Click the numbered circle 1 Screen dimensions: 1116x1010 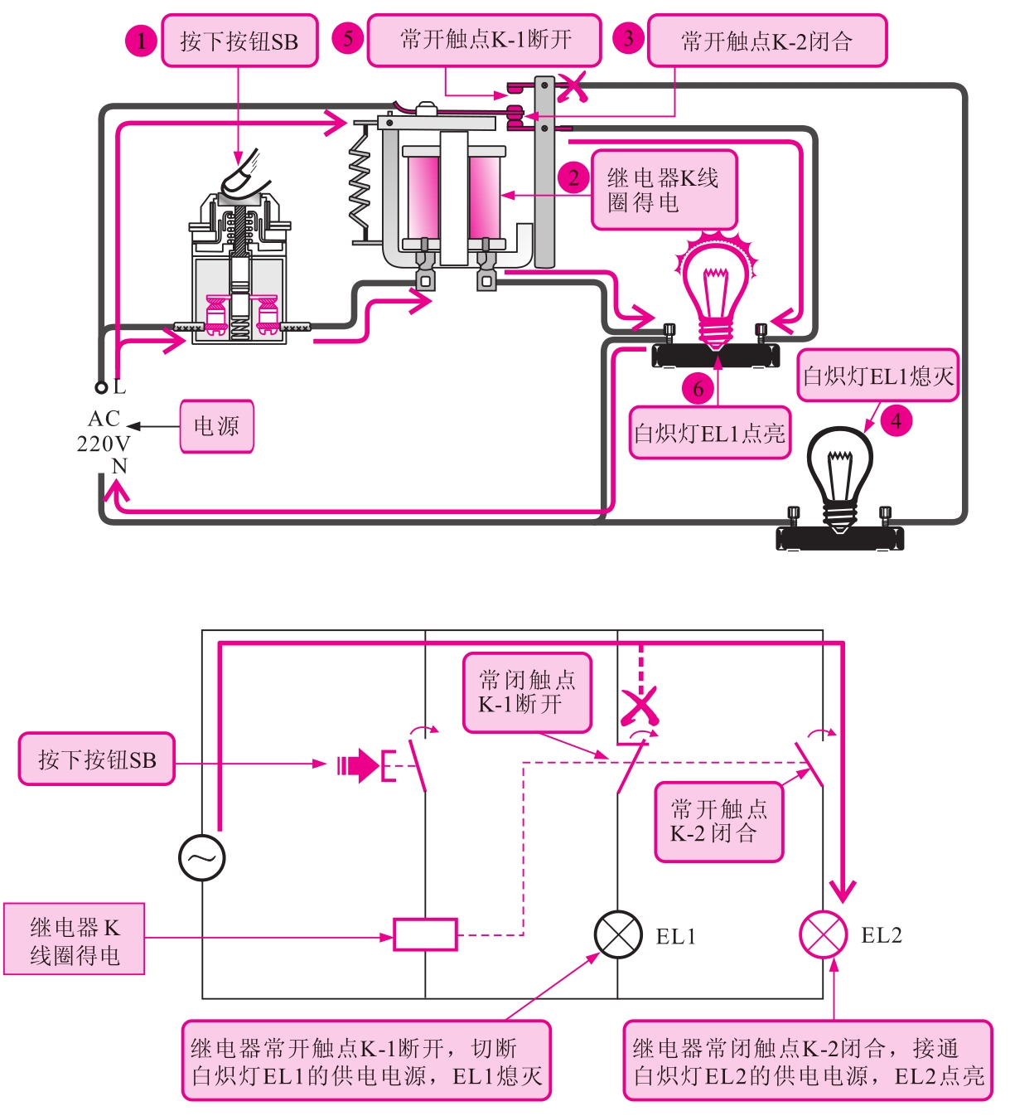tap(142, 40)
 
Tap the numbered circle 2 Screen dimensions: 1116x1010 tap(573, 177)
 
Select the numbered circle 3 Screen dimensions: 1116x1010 tap(629, 38)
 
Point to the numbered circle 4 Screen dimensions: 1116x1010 tap(896, 420)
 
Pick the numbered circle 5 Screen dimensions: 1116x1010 tap(348, 38)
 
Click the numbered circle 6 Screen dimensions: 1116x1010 tap(698, 388)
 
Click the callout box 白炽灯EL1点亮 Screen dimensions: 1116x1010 tap(709, 433)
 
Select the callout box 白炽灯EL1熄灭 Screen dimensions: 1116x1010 tap(877, 376)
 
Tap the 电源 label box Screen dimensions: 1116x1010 tap(216, 426)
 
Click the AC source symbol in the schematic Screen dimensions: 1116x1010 tap(202, 857)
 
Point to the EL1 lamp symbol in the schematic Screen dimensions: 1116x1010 tap(618, 934)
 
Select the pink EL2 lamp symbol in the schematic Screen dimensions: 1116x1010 tap(823, 934)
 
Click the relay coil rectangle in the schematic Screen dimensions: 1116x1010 tap(425, 934)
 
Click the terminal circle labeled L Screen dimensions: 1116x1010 tap(101, 387)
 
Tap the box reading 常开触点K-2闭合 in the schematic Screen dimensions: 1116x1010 tap(718, 822)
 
